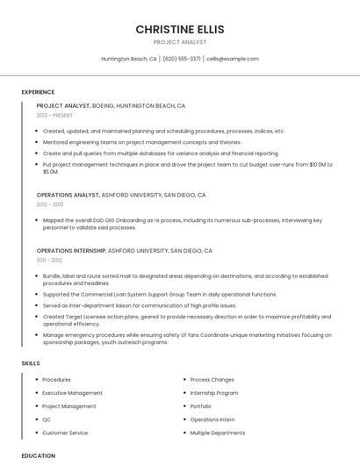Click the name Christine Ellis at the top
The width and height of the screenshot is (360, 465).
180,29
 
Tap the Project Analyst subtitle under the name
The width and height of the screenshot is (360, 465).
180,42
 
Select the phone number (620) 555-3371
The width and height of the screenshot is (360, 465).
182,59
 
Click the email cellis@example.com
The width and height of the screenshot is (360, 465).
233,59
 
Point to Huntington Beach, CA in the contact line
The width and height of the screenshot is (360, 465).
129,59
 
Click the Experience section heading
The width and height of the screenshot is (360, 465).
38,92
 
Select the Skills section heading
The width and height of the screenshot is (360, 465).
31,362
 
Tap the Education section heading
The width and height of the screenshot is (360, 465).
39,455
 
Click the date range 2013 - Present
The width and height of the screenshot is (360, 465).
55,115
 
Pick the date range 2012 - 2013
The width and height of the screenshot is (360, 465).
50,204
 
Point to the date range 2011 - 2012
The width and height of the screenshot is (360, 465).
49,260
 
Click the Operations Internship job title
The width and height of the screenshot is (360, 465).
71,250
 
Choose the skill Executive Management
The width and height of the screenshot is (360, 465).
72,393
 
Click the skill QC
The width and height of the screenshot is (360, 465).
47,419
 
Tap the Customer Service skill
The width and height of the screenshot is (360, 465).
65,433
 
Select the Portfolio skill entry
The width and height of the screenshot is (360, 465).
201,406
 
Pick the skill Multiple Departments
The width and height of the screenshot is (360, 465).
218,433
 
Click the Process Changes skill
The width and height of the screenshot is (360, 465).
212,380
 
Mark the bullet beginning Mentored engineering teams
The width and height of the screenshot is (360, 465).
141,142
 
